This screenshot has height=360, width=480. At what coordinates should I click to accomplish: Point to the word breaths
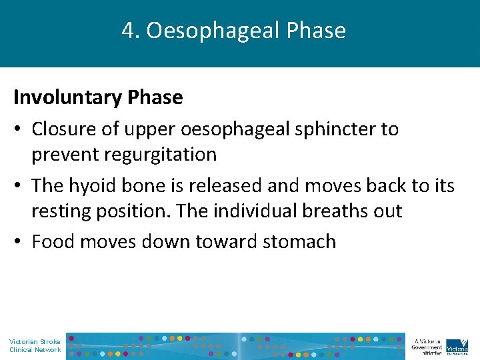coord(337,211)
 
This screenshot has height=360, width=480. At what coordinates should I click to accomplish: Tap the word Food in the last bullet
coord(51,241)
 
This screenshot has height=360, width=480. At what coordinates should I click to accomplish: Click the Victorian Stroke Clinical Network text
coord(35,345)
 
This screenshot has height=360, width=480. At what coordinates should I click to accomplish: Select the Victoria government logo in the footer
coord(457,345)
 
